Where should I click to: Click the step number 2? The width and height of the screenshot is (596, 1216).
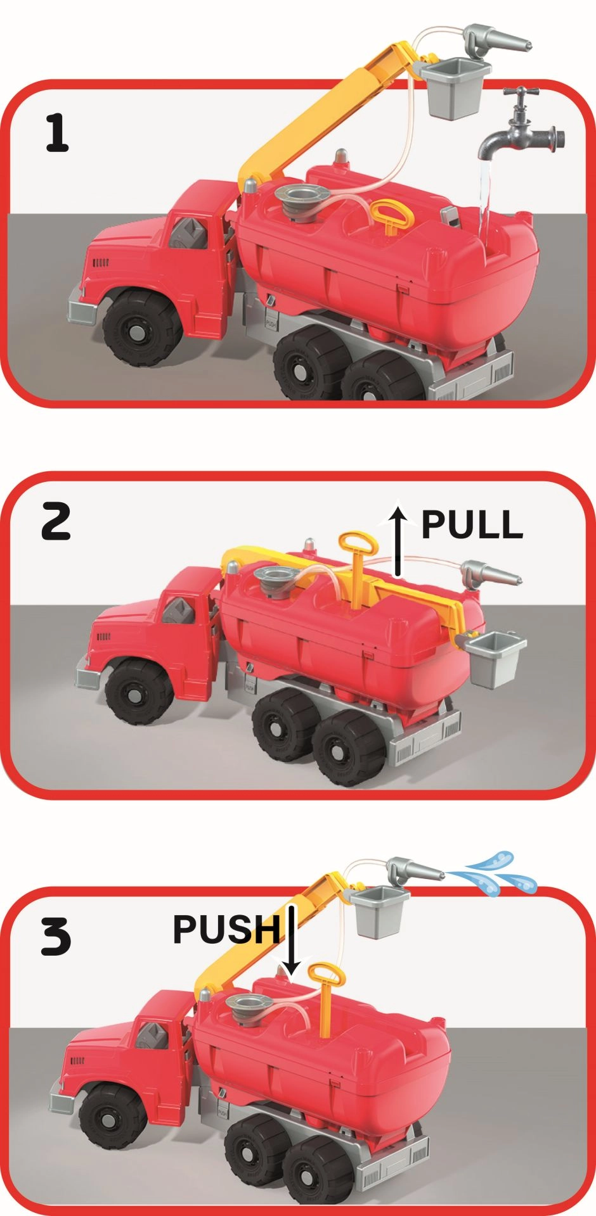pyautogui.click(x=56, y=522)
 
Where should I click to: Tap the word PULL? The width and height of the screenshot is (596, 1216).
pyautogui.click(x=472, y=524)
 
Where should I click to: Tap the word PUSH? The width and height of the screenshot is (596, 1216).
pyautogui.click(x=227, y=928)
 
